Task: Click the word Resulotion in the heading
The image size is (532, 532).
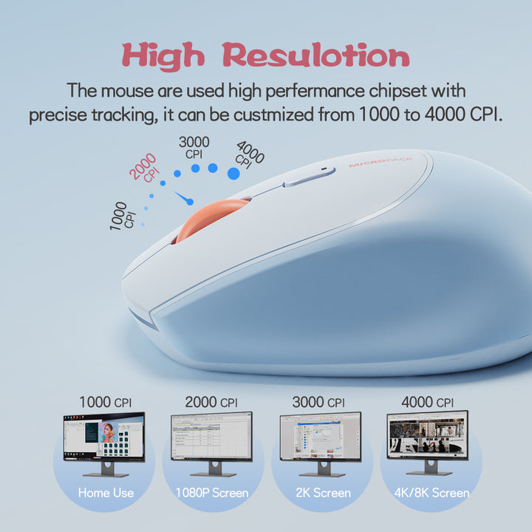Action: tap(316, 56)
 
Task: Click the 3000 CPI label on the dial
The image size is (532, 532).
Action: tap(194, 147)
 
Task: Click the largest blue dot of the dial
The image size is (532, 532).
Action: tap(233, 174)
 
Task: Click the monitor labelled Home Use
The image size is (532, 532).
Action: tap(103, 442)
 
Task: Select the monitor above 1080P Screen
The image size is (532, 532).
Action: tap(211, 440)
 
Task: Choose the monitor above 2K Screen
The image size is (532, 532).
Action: tap(320, 440)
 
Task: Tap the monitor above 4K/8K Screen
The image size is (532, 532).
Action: tap(427, 440)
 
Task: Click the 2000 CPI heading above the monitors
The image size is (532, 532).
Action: tap(211, 402)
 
